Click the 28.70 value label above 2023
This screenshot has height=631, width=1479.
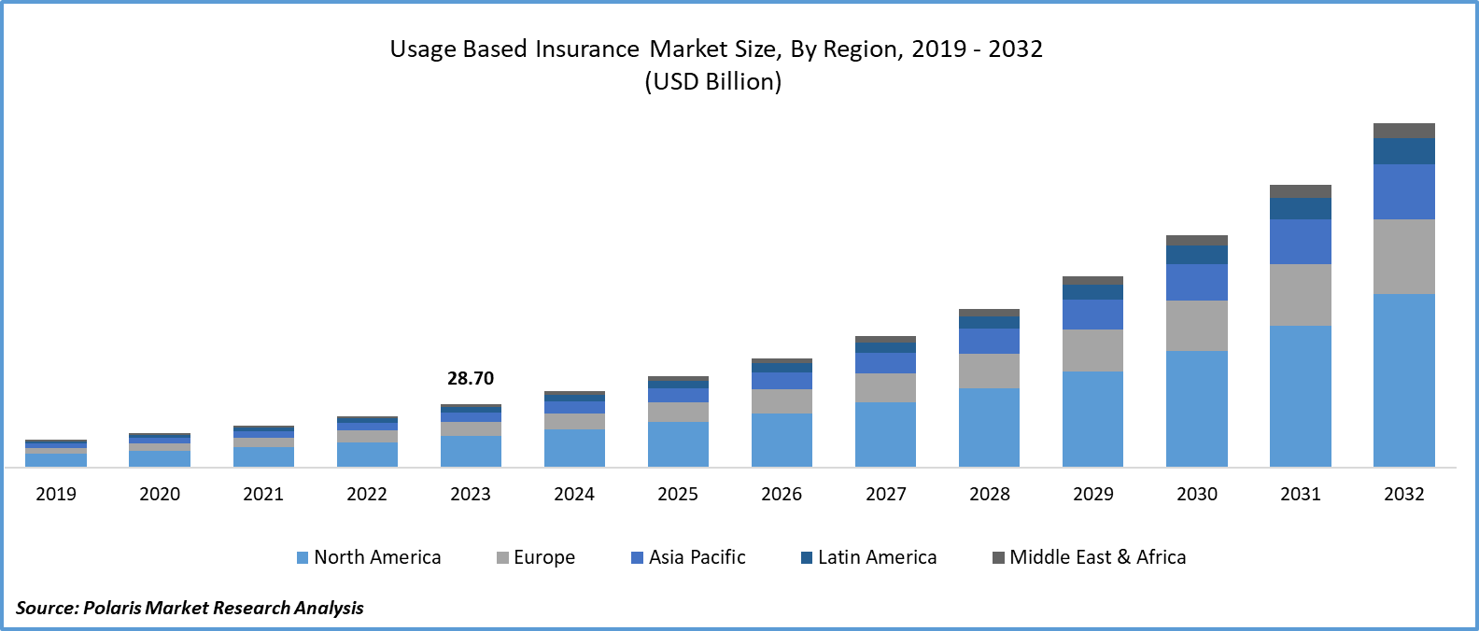pyautogui.click(x=470, y=378)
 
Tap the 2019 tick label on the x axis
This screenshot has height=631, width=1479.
pyautogui.click(x=56, y=494)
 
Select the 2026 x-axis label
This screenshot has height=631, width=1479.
pyautogui.click(x=782, y=494)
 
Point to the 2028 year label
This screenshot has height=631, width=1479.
pyautogui.click(x=989, y=494)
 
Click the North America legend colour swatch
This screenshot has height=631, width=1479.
pyautogui.click(x=303, y=557)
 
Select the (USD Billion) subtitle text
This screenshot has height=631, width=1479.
pyautogui.click(x=713, y=81)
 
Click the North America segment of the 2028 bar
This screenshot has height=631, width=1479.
pyautogui.click(x=989, y=428)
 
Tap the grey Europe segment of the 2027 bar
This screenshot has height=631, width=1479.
pyautogui.click(x=885, y=387)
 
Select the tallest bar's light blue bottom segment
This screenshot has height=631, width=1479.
pyautogui.click(x=1403, y=380)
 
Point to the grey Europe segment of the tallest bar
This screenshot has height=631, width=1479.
pyautogui.click(x=1403, y=257)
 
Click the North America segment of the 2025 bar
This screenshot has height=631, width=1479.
pyautogui.click(x=678, y=444)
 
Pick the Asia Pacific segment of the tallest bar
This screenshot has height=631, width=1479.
pyautogui.click(x=1403, y=191)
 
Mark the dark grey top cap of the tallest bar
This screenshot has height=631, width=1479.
pyautogui.click(x=1403, y=131)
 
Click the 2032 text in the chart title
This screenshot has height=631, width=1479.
pyautogui.click(x=1015, y=49)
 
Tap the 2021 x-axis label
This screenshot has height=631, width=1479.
pyautogui.click(x=263, y=494)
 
